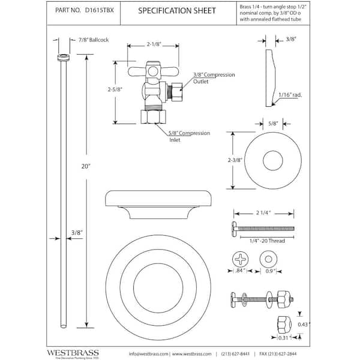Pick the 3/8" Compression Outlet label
(214, 78)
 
